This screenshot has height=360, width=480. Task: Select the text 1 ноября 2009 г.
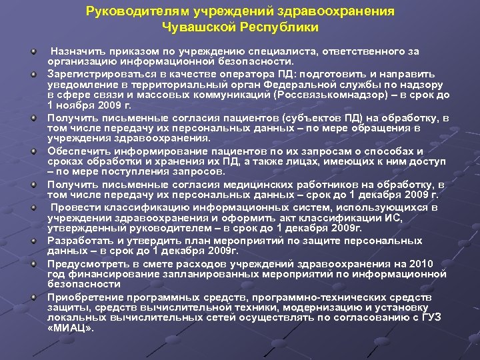(x=89, y=105)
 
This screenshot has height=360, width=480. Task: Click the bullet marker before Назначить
(x=33, y=50)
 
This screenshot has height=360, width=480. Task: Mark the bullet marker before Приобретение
(x=33, y=296)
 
